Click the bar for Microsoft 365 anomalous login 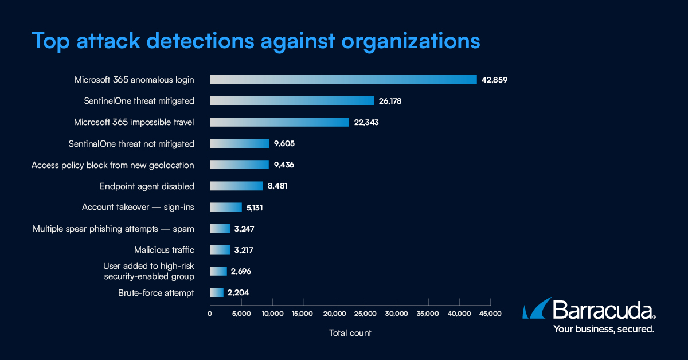coord(343,80)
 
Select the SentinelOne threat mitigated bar coord(291,101)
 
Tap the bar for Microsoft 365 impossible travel coord(279,122)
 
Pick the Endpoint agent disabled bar coord(236,186)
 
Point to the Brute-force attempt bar coord(216,292)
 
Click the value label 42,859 coord(494,80)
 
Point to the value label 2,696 coord(241,271)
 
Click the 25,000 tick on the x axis coord(365,314)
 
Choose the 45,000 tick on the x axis coord(490,314)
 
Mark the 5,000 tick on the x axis coord(241,314)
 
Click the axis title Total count coord(350,333)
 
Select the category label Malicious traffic coord(164,250)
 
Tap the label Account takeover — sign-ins coord(138,208)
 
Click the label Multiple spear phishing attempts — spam coord(113,229)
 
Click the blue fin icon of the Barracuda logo coord(535,308)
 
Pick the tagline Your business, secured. coord(603,330)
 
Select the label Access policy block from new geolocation coord(112,165)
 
